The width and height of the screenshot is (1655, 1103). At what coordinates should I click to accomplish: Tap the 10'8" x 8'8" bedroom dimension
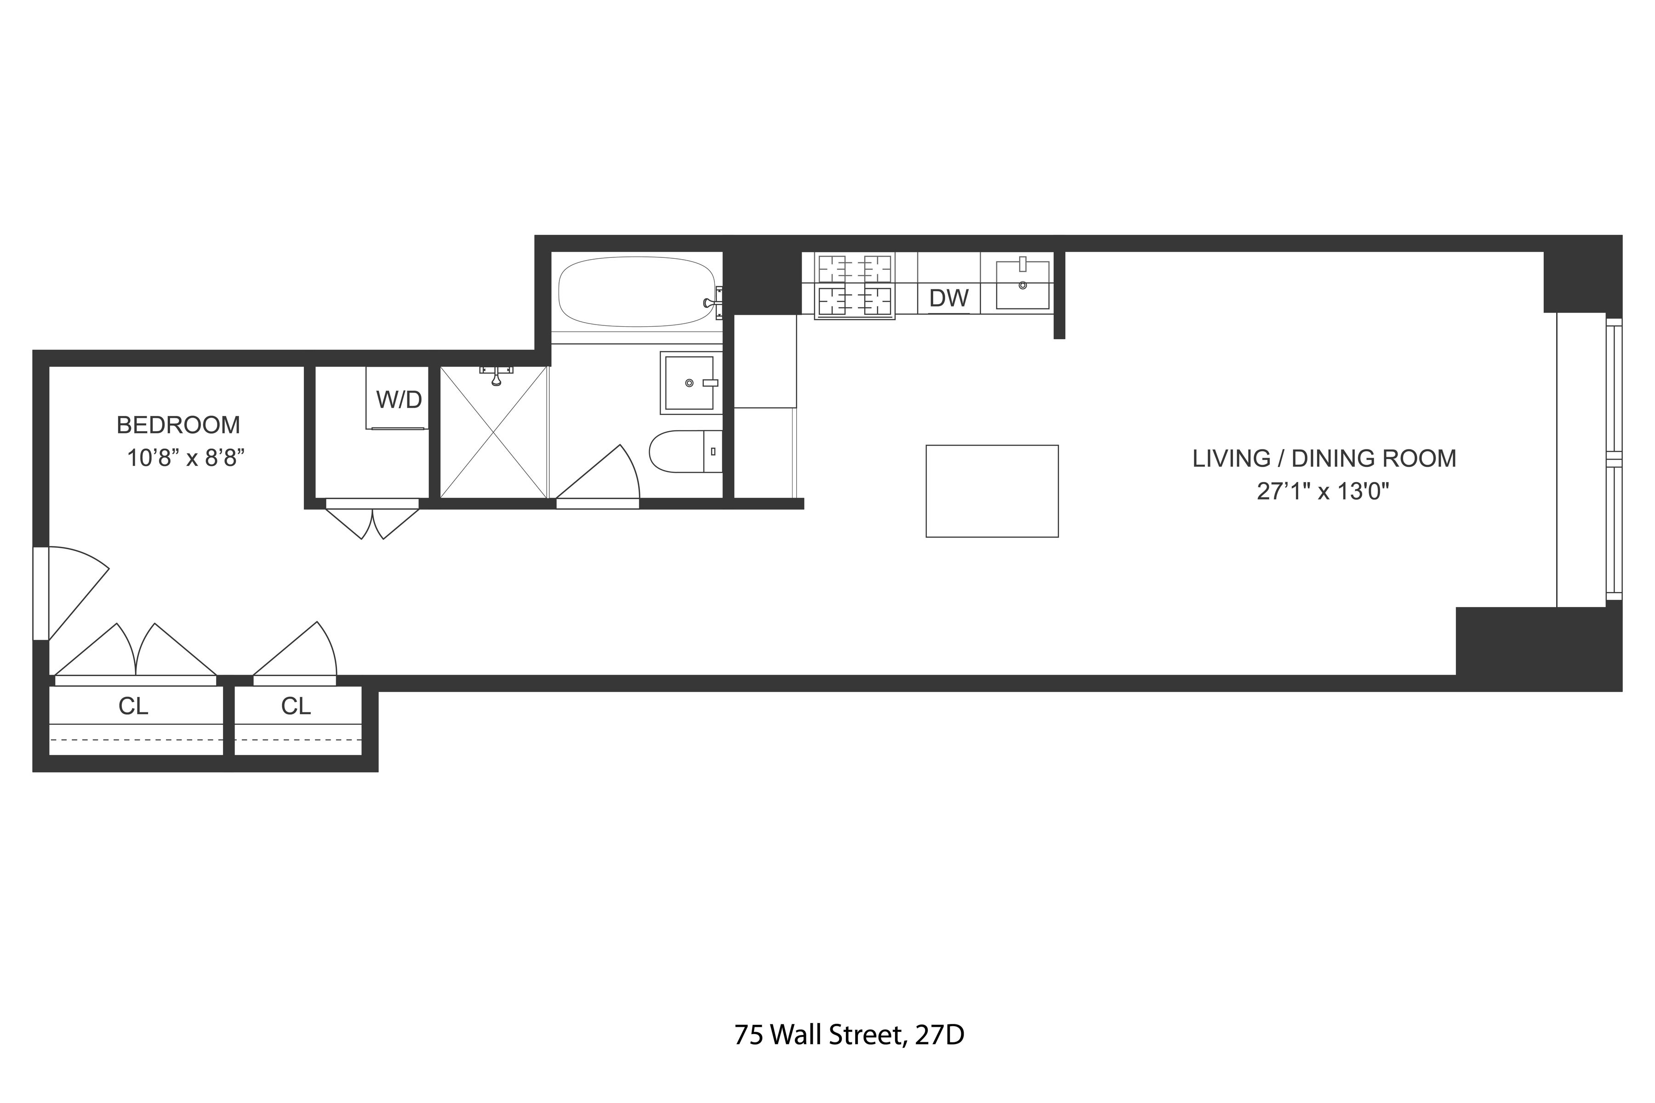tap(185, 459)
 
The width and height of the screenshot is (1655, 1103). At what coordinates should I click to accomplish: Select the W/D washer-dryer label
tap(399, 399)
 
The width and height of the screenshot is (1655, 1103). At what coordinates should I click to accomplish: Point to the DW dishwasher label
tap(948, 298)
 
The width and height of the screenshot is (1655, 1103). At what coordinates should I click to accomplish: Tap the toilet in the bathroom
tap(685, 451)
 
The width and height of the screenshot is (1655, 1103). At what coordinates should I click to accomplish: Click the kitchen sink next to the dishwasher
tap(1023, 285)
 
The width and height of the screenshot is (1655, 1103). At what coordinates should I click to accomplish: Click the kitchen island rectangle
tap(992, 491)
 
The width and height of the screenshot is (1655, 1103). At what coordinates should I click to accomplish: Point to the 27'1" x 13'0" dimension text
tap(1323, 491)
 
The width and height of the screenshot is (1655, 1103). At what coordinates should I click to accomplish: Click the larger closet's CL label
tap(133, 705)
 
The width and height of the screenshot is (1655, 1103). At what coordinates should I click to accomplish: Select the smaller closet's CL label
tap(296, 705)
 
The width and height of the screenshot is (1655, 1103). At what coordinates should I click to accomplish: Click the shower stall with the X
tap(494, 432)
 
